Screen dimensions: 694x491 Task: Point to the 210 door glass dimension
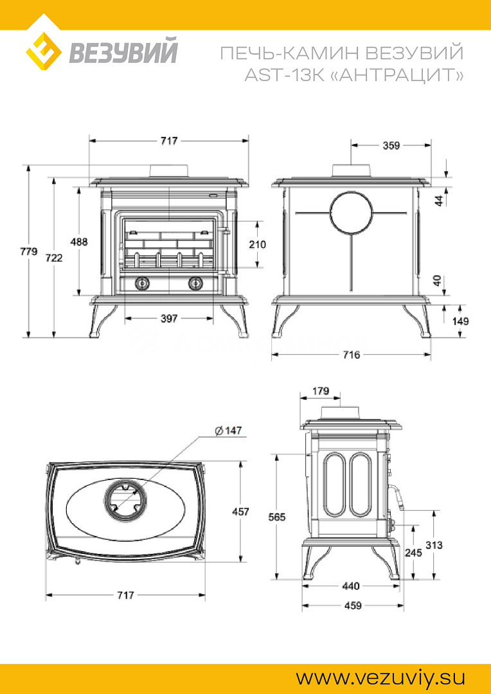click(x=257, y=244)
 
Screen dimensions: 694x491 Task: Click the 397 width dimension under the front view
click(x=168, y=318)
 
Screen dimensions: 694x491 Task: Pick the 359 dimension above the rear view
click(x=391, y=145)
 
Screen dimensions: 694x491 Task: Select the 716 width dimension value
click(x=351, y=354)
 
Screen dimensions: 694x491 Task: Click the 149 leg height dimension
click(x=460, y=321)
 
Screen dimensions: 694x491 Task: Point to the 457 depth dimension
click(x=240, y=512)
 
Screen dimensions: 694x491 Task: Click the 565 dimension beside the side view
click(x=276, y=517)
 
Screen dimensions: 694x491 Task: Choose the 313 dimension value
click(x=434, y=545)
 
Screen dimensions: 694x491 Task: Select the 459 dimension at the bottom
click(x=351, y=605)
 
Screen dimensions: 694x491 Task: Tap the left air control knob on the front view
click(x=141, y=283)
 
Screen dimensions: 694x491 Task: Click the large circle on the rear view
click(x=351, y=213)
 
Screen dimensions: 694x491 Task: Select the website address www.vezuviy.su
click(x=380, y=678)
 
